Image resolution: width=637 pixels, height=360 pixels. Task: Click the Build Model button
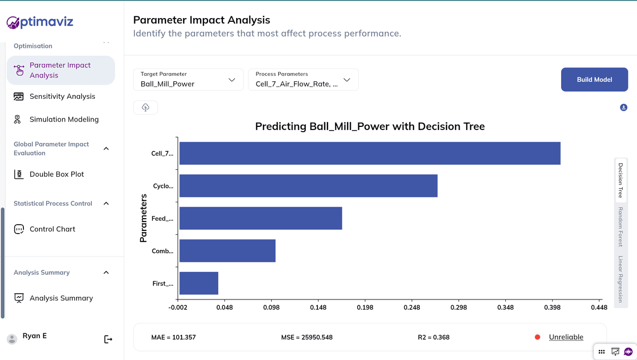(x=595, y=80)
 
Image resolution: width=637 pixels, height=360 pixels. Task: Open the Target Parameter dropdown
(x=188, y=80)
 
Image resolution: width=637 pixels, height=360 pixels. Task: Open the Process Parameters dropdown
(x=303, y=80)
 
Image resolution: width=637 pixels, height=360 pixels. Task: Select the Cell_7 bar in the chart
(x=369, y=153)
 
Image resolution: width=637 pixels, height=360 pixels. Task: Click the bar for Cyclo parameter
(x=308, y=186)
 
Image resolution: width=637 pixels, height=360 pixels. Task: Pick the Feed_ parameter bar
(x=260, y=218)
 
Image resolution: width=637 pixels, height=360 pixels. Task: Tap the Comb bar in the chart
(x=227, y=251)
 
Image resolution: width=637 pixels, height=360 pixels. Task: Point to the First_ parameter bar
(x=199, y=283)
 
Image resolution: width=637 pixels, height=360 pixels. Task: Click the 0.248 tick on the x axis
(x=411, y=307)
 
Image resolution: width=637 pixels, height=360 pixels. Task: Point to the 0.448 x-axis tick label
(x=599, y=307)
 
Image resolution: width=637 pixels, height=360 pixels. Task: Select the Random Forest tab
(x=619, y=227)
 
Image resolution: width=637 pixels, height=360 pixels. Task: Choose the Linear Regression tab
(x=619, y=279)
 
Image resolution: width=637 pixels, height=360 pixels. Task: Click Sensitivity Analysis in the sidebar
(x=62, y=96)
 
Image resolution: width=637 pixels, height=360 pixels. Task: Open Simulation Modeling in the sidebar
(x=64, y=119)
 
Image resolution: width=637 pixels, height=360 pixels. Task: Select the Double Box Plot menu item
(x=56, y=174)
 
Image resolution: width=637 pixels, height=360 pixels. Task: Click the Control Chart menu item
(x=52, y=229)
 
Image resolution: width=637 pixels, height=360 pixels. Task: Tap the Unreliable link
(x=566, y=337)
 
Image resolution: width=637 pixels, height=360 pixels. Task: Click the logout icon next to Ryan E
(x=108, y=339)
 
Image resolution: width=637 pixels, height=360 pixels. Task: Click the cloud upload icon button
(x=145, y=107)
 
